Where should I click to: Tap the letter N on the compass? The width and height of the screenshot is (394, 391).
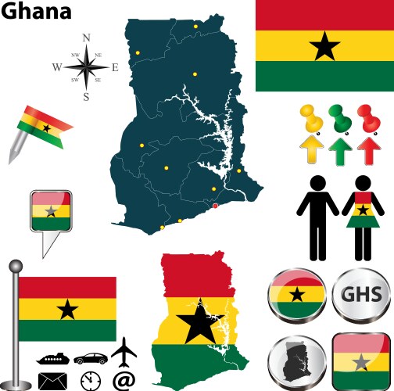[x=86, y=38]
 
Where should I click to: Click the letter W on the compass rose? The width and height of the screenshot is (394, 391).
[x=56, y=68]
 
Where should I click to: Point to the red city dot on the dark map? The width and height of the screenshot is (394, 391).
[x=216, y=206]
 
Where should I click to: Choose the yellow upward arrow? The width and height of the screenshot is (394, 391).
[x=311, y=149]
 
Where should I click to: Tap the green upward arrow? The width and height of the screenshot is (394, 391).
[x=339, y=149]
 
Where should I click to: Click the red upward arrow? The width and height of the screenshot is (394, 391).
[x=367, y=149]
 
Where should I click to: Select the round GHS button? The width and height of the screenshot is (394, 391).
[x=360, y=296]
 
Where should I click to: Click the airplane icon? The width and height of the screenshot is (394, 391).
[x=124, y=351]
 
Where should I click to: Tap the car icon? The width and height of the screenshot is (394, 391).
[x=91, y=358]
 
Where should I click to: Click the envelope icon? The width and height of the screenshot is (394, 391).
[x=52, y=381]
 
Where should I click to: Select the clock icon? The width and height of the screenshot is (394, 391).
[x=91, y=381]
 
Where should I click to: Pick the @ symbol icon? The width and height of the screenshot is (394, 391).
[x=124, y=381]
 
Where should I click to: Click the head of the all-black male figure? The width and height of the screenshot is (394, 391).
[x=319, y=181]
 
